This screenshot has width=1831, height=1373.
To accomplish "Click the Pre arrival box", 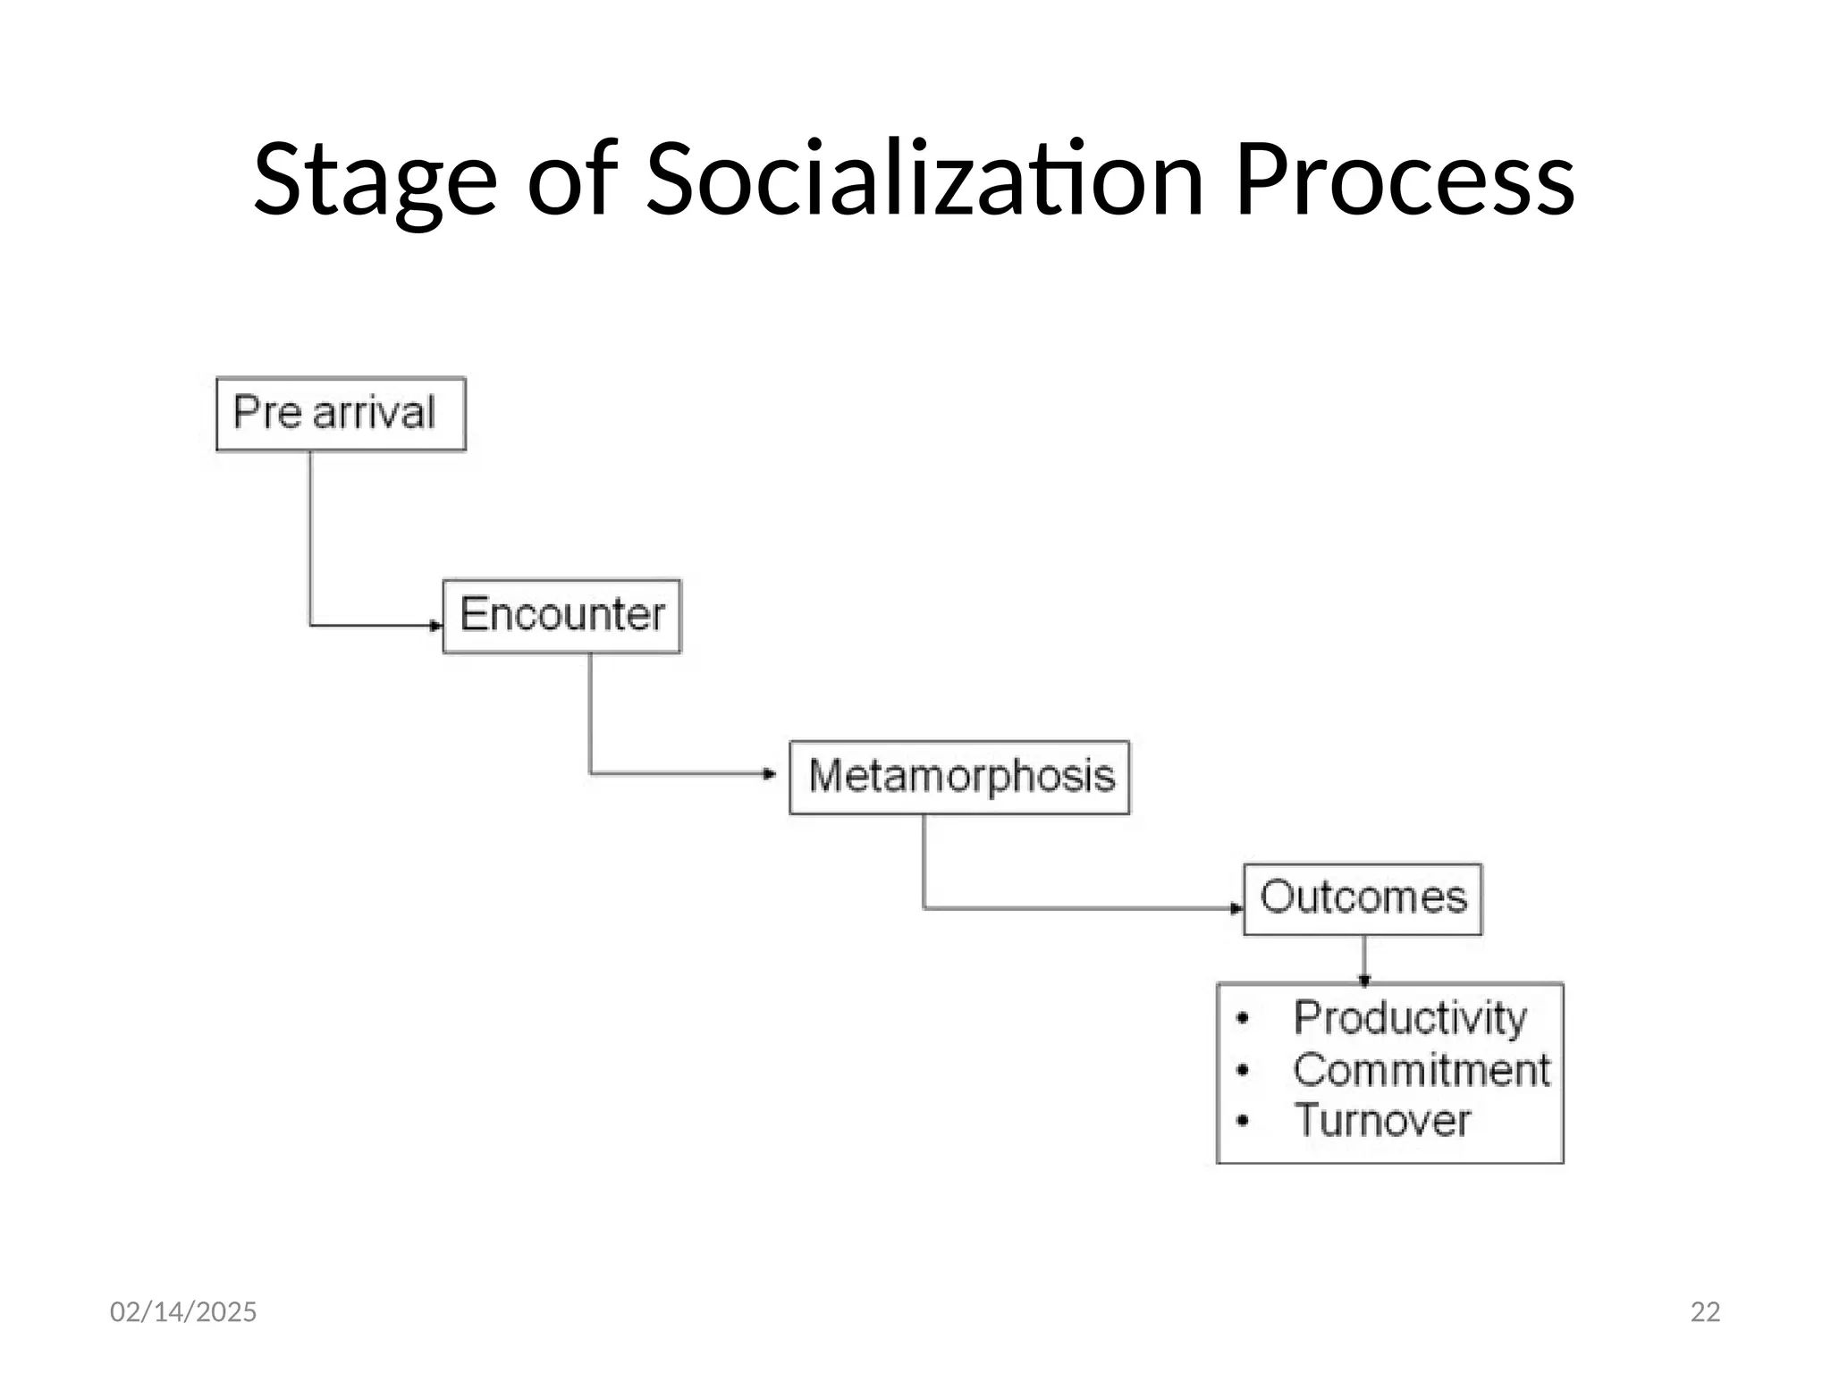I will [x=341, y=414].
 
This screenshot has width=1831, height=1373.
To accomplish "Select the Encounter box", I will [x=561, y=616].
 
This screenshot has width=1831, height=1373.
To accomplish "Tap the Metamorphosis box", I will [x=959, y=777].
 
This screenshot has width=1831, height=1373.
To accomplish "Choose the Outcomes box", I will [x=1363, y=898].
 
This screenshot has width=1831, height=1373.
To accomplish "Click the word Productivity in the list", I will [x=1410, y=1018].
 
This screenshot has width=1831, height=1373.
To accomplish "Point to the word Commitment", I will [x=1422, y=1070].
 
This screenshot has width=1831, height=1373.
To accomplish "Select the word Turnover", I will [x=1382, y=1121].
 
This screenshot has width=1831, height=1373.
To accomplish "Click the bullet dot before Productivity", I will [x=1242, y=1018].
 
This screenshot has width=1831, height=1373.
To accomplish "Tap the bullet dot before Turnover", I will [x=1242, y=1121].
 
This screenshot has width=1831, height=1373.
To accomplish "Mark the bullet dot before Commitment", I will [x=1242, y=1070].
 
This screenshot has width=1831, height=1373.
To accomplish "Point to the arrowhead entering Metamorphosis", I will [x=770, y=773].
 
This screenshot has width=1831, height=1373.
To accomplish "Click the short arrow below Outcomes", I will [x=1363, y=960].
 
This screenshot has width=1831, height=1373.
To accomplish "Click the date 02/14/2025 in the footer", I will [x=183, y=1311].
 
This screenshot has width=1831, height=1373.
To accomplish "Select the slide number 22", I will [x=1705, y=1311].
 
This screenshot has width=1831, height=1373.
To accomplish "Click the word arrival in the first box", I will [x=374, y=413].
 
